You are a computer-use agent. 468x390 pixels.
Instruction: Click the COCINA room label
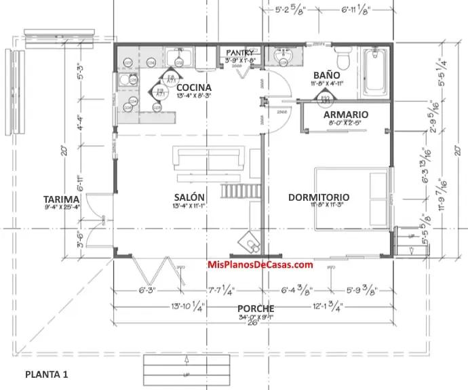(x=193, y=87)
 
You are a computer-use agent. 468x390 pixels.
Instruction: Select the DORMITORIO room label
(x=319, y=197)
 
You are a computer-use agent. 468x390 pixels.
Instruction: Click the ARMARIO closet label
(x=345, y=115)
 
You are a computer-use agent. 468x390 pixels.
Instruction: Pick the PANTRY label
(x=240, y=52)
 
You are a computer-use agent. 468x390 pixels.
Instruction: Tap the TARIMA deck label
(x=62, y=199)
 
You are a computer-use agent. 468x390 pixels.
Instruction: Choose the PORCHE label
(x=256, y=309)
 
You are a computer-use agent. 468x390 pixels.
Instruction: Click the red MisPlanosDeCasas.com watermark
(x=260, y=265)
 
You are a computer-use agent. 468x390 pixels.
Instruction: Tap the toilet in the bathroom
(x=343, y=60)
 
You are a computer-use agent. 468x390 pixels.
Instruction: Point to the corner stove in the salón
(x=249, y=240)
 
